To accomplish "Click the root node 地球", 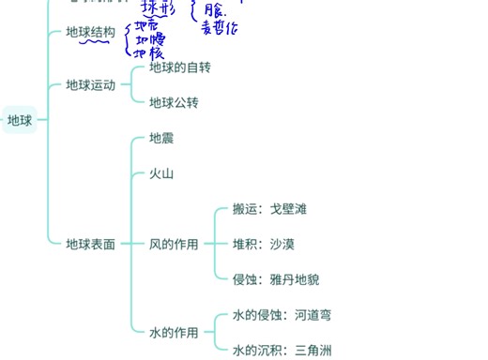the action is [x=20, y=120].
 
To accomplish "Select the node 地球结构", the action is [x=90, y=33].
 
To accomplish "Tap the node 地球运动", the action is [x=90, y=85].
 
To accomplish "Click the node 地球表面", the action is [x=90, y=245].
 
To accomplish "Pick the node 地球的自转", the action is [x=180, y=67].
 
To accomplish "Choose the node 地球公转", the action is [x=174, y=102].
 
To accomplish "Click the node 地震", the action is [x=161, y=139].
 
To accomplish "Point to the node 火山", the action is [x=161, y=173].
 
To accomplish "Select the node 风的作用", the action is [x=174, y=245].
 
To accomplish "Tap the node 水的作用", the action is [x=174, y=333].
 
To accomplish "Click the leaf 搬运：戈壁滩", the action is [x=269, y=209].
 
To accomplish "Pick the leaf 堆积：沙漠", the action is [x=263, y=245].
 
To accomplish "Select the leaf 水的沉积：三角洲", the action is [x=282, y=351].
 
